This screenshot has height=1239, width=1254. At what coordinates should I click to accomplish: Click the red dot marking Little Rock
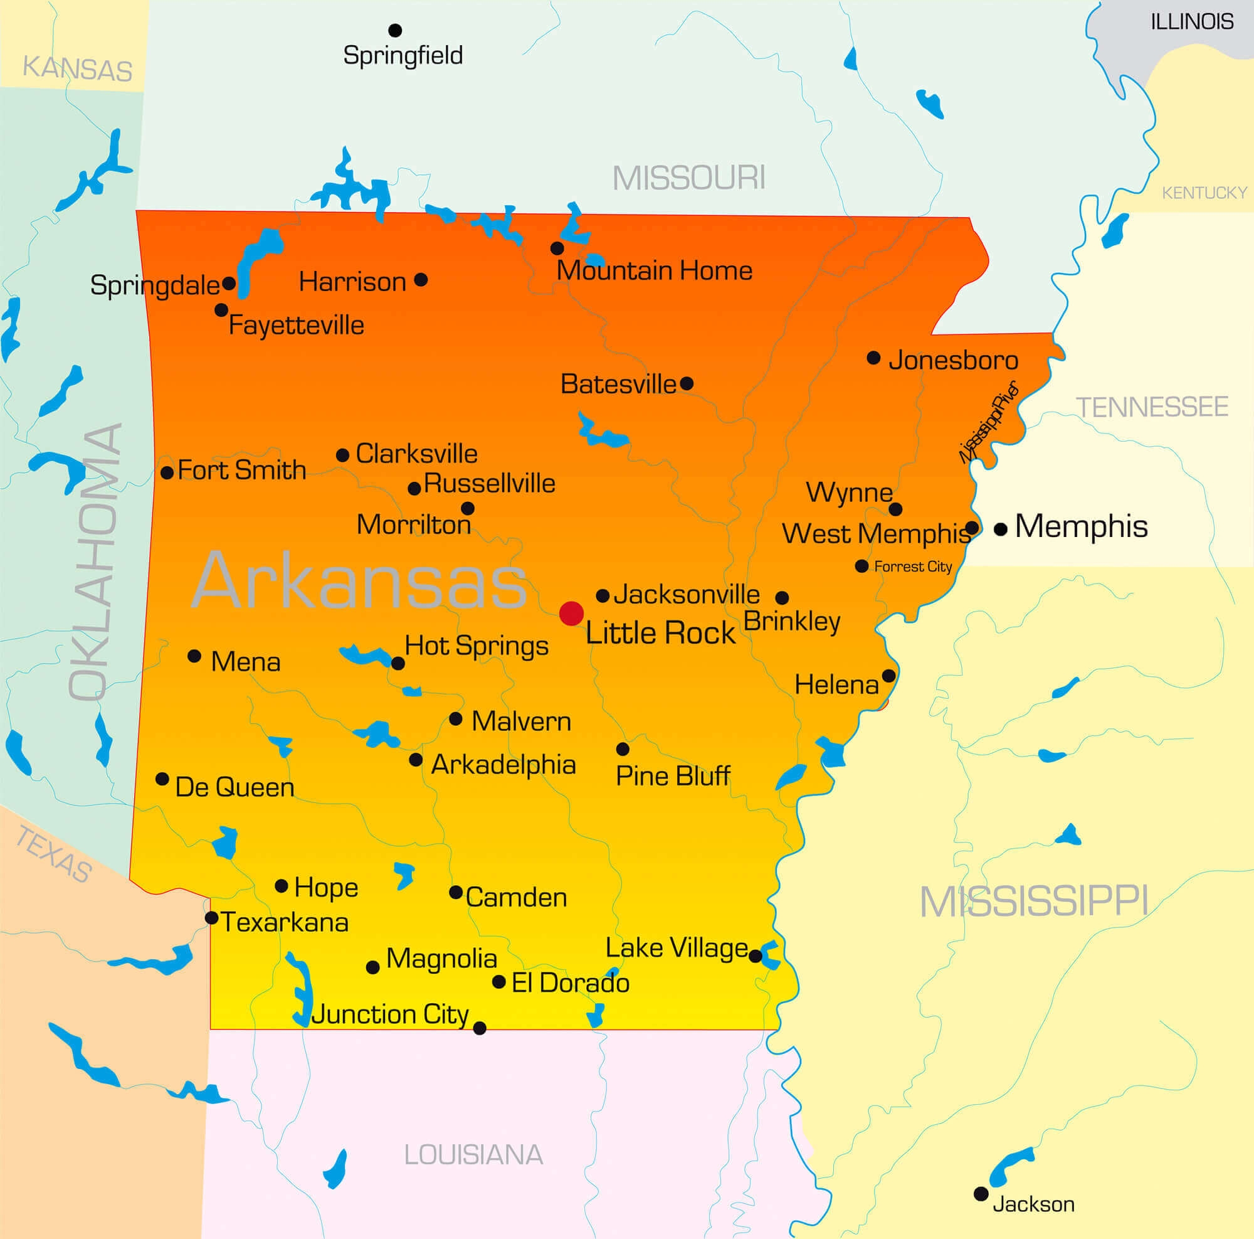tap(571, 613)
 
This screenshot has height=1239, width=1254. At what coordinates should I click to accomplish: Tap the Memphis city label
tap(1081, 526)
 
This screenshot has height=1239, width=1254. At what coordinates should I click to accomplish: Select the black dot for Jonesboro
tap(873, 358)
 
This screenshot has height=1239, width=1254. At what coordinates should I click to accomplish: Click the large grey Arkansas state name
tap(359, 580)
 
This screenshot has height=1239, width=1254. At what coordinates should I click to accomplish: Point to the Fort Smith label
tap(241, 470)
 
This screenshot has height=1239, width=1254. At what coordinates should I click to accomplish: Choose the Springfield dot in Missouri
tap(394, 30)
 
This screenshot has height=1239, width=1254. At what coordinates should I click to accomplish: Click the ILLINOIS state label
tap(1192, 22)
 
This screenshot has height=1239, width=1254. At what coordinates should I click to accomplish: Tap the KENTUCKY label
tap(1204, 193)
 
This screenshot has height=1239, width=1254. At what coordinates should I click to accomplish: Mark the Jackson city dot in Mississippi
tap(981, 1194)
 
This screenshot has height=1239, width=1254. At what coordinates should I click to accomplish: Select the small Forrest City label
tap(912, 567)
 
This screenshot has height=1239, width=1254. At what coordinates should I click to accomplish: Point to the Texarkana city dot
tap(211, 918)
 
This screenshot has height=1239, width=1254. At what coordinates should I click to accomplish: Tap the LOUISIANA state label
tap(473, 1154)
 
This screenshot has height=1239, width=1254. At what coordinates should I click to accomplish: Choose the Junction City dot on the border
tap(480, 1028)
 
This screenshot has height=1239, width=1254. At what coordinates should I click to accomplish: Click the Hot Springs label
tap(477, 646)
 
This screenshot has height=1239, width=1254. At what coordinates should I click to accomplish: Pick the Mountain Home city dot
tap(557, 248)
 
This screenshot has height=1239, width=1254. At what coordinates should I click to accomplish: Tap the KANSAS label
tap(77, 69)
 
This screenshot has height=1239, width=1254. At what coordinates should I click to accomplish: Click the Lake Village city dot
tap(755, 956)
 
